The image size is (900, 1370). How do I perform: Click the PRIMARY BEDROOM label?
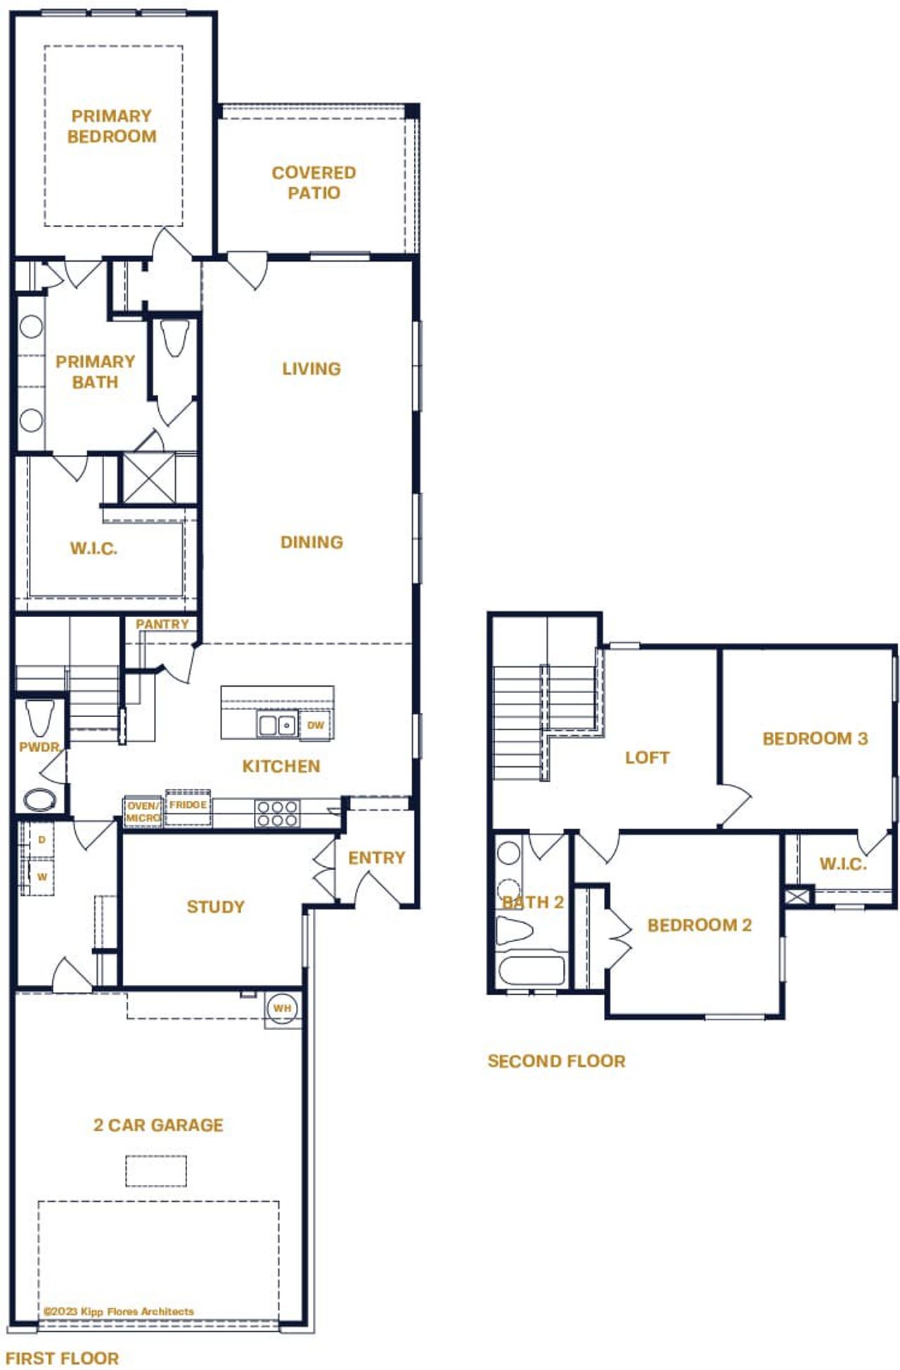point(112,127)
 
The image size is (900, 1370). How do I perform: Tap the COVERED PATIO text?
point(314,183)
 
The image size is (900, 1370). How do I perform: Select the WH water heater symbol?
point(282,1009)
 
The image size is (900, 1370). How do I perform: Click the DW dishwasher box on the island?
point(316,725)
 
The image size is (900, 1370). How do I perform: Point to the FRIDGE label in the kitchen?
point(188,805)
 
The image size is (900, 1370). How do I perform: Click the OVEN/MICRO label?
point(143,812)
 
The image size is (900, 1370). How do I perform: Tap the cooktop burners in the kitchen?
point(277,814)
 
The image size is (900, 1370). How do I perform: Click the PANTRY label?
point(162,624)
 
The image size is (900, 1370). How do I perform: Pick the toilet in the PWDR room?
point(39,717)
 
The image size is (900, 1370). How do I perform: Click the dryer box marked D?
point(41,840)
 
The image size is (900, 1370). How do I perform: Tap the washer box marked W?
point(41,877)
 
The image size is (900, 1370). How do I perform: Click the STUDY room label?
point(215,907)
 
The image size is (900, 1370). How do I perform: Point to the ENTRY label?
point(376,858)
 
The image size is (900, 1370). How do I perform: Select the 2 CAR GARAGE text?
point(158,1125)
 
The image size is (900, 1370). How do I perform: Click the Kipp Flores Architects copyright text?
point(118,1312)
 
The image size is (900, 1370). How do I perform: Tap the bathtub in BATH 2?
point(532,971)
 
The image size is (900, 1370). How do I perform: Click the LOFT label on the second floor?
point(647,758)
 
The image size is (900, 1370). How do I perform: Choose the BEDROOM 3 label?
point(814,739)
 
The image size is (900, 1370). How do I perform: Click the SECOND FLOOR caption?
point(555,1061)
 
